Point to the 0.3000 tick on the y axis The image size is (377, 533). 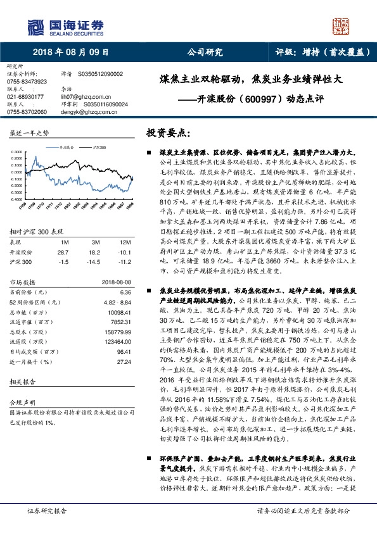pyautogui.click(x=18, y=152)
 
